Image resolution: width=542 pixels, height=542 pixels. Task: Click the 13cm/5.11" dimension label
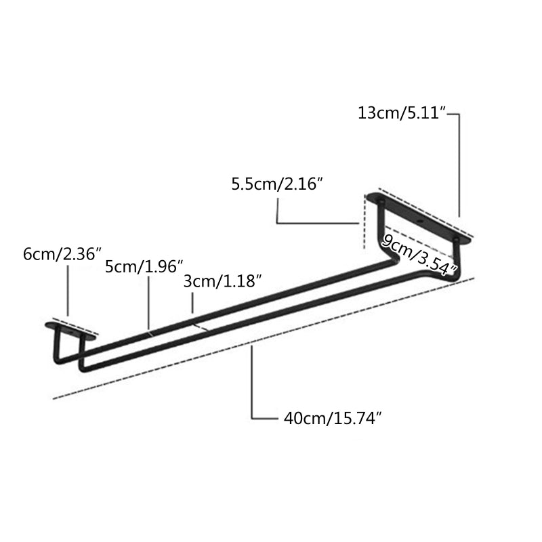(x=400, y=114)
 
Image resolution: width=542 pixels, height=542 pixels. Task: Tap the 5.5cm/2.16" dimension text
(x=275, y=184)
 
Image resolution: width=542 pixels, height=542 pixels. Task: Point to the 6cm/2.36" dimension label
(x=62, y=254)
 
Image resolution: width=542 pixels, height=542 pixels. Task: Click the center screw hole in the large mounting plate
(x=419, y=221)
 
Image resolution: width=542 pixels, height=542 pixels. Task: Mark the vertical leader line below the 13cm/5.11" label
(x=460, y=166)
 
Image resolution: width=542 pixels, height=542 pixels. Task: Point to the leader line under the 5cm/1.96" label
(x=149, y=301)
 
